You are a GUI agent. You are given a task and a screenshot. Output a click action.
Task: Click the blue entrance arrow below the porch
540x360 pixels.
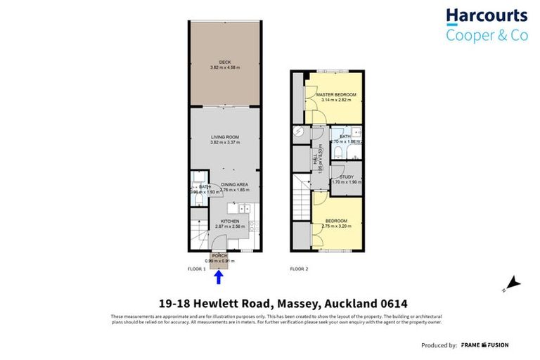219,277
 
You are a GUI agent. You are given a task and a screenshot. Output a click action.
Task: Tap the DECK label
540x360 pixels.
225,62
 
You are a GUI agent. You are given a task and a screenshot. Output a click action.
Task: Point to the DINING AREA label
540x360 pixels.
234,184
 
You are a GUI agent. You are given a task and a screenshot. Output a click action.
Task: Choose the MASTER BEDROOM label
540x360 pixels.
336,94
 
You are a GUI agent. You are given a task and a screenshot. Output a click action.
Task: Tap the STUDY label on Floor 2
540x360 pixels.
346,176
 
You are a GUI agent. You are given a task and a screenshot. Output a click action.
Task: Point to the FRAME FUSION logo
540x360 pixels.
485,345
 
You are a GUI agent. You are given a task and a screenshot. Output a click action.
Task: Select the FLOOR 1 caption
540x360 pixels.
196,269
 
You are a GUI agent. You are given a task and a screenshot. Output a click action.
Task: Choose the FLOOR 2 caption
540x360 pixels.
300,269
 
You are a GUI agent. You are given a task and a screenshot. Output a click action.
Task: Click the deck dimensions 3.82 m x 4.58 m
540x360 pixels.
225,67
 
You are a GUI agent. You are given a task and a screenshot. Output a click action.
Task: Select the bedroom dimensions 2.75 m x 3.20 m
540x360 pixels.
336,226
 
